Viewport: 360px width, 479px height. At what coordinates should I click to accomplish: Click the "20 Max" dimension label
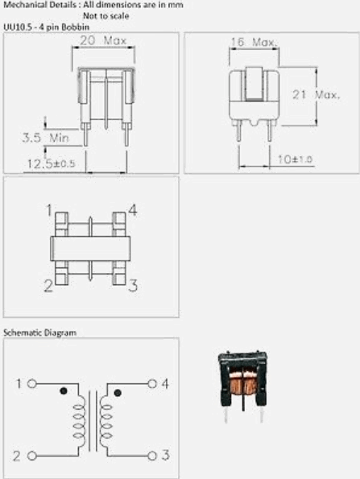pyautogui.click(x=103, y=40)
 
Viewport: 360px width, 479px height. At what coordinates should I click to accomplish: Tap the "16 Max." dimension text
pyautogui.click(x=254, y=43)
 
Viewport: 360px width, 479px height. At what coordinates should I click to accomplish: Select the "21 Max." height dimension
pyautogui.click(x=316, y=95)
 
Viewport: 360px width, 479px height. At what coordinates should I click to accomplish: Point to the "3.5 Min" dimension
pyautogui.click(x=46, y=138)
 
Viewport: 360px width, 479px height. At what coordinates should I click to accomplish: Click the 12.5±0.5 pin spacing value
pyautogui.click(x=52, y=163)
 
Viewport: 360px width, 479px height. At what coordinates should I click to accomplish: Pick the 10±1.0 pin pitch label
pyautogui.click(x=295, y=159)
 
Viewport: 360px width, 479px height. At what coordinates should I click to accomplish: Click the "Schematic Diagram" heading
pyautogui.click(x=39, y=332)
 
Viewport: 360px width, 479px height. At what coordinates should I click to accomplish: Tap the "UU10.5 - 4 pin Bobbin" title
pyautogui.click(x=47, y=27)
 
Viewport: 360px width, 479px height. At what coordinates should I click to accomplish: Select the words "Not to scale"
pyautogui.click(x=106, y=15)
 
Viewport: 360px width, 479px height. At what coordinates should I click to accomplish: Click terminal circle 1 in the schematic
pyautogui.click(x=31, y=384)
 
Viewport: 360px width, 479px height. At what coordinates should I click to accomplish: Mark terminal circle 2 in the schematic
pyautogui.click(x=31, y=456)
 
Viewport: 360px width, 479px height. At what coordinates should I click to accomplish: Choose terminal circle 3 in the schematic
pyautogui.click(x=152, y=456)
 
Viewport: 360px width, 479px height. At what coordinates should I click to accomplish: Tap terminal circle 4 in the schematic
pyautogui.click(x=152, y=384)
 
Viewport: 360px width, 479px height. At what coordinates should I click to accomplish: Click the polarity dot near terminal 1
pyautogui.click(x=64, y=390)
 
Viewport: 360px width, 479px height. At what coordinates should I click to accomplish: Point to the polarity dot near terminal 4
pyautogui.click(x=118, y=393)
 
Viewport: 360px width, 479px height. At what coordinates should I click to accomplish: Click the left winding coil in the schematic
pyautogui.click(x=80, y=422)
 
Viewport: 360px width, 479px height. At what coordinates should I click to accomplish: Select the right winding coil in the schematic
pyautogui.click(x=106, y=422)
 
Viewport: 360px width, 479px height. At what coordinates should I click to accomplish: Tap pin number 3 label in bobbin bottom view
pyautogui.click(x=133, y=286)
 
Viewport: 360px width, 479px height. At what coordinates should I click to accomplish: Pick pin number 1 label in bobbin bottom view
pyautogui.click(x=49, y=210)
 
